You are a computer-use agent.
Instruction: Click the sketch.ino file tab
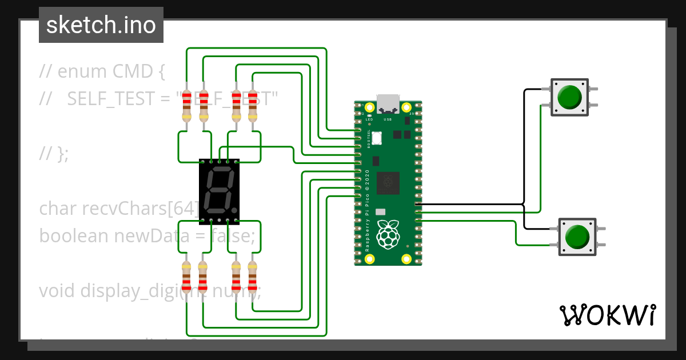(101, 25)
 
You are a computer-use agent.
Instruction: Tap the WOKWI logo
(607, 315)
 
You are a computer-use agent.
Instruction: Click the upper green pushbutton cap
(569, 97)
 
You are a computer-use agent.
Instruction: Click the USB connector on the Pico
(388, 104)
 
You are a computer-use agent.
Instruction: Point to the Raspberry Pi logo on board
(388, 233)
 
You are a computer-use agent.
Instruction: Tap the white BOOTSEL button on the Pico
(377, 137)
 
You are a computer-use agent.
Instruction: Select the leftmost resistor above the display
(186, 106)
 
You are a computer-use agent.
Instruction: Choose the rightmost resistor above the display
(252, 106)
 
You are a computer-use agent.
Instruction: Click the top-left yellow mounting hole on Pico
(370, 107)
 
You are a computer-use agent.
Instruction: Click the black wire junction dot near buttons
(524, 204)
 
